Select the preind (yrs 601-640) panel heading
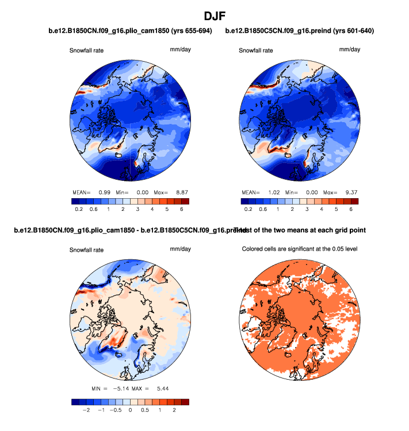point(300,31)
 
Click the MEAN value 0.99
point(104,192)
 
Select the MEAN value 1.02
point(273,192)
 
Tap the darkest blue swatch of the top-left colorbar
point(75,202)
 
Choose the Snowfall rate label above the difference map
point(87,251)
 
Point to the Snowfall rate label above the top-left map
point(87,51)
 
